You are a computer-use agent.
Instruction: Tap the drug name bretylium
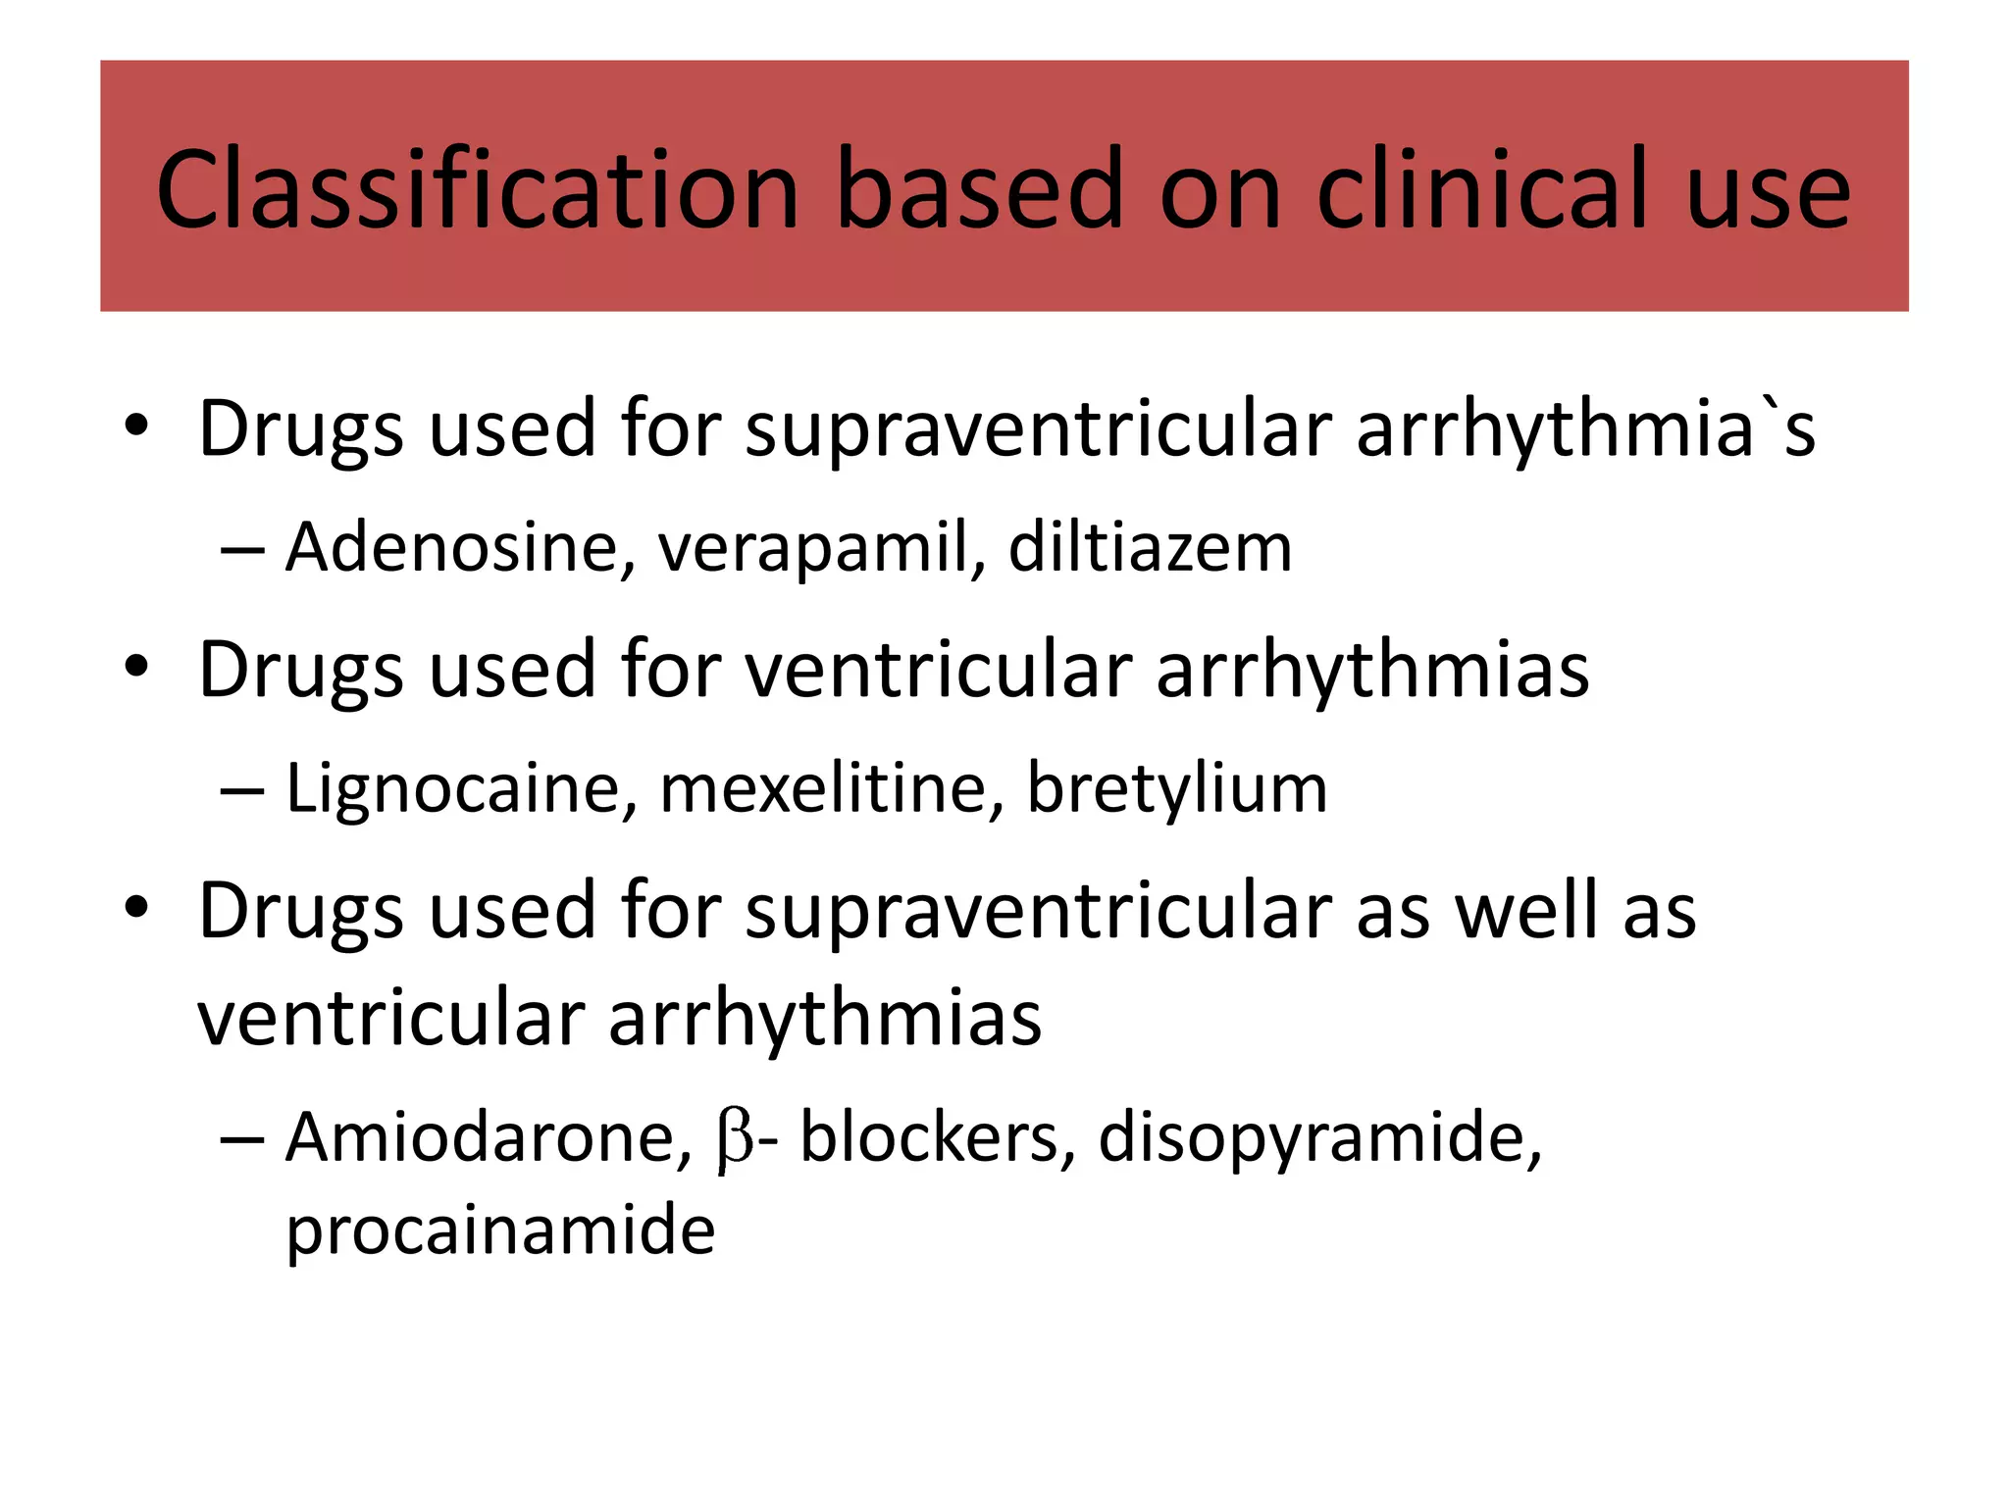coord(1176,789)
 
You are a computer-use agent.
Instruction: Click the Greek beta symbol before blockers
coord(735,1139)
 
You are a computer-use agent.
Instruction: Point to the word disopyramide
coord(1319,1139)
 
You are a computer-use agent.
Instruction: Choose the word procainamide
coord(500,1230)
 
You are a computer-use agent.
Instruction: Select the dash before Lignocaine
coord(242,789)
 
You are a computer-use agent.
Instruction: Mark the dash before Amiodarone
coord(242,1139)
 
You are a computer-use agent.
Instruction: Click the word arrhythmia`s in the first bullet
coord(1585,429)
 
